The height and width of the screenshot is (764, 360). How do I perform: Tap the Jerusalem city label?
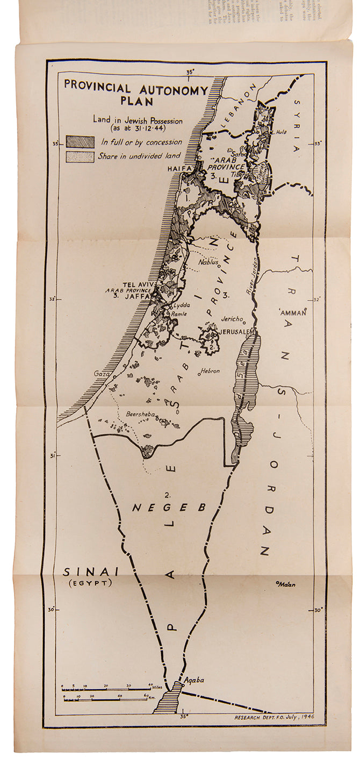pos(235,332)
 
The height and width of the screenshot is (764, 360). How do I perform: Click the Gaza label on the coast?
pos(100,373)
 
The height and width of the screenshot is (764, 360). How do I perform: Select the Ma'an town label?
pos(287,584)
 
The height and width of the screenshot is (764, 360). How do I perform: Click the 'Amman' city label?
pos(292,312)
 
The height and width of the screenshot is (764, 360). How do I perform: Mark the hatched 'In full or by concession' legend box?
pos(80,142)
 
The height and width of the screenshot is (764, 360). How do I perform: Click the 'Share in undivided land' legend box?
pos(80,156)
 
